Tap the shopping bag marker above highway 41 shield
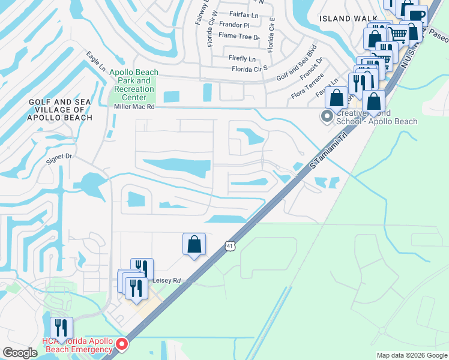194,244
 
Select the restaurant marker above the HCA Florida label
62,328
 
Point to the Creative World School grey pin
327,116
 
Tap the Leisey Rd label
167,280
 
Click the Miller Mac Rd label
134,106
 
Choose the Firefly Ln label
242,59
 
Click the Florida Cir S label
250,69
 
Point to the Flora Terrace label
307,86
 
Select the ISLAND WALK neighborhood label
343,19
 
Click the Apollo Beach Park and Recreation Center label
134,85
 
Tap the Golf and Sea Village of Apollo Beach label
60,110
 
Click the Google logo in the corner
20,352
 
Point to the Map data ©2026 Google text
411,355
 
